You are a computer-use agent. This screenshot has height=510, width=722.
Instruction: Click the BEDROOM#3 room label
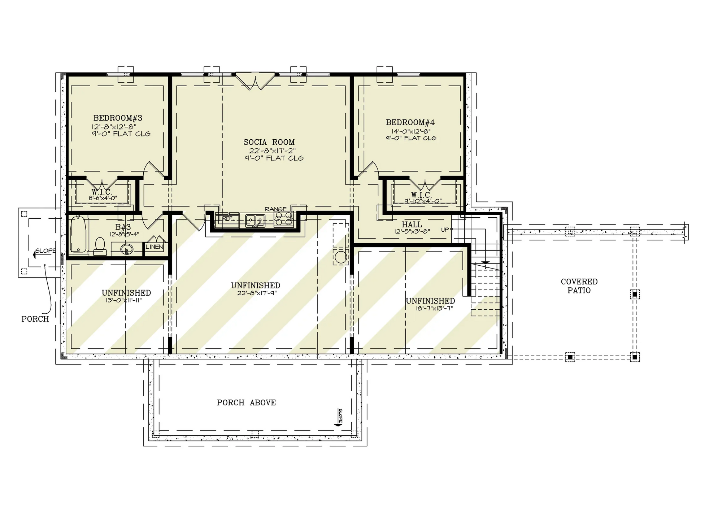[118, 118]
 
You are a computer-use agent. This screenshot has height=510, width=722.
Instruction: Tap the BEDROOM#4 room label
[410, 122]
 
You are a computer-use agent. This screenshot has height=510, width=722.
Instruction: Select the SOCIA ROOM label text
[269, 142]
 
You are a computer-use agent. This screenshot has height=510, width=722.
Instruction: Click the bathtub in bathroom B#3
[79, 234]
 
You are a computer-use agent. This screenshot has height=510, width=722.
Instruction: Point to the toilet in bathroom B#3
[99, 245]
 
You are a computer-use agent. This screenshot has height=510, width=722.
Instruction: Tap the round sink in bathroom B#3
[126, 249]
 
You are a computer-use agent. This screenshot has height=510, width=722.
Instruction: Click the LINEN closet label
[155, 247]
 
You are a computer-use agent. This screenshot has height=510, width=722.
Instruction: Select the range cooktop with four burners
[283, 219]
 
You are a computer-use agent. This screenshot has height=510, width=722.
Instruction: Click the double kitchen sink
[255, 221]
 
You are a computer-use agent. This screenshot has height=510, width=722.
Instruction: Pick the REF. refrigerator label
[228, 219]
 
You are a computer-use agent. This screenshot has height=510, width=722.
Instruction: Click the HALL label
[412, 225]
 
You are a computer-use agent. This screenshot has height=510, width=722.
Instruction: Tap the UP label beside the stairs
[445, 230]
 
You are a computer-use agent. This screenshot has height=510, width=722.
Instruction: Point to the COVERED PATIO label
[579, 286]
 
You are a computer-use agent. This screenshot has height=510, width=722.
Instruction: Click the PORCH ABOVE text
[246, 402]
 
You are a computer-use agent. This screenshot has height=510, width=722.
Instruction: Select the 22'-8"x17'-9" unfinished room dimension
[257, 293]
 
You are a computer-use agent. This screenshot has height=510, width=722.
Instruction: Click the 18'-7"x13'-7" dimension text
[434, 309]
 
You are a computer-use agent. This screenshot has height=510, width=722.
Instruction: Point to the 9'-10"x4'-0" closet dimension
[423, 201]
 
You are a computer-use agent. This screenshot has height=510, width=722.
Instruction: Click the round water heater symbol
[340, 257]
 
